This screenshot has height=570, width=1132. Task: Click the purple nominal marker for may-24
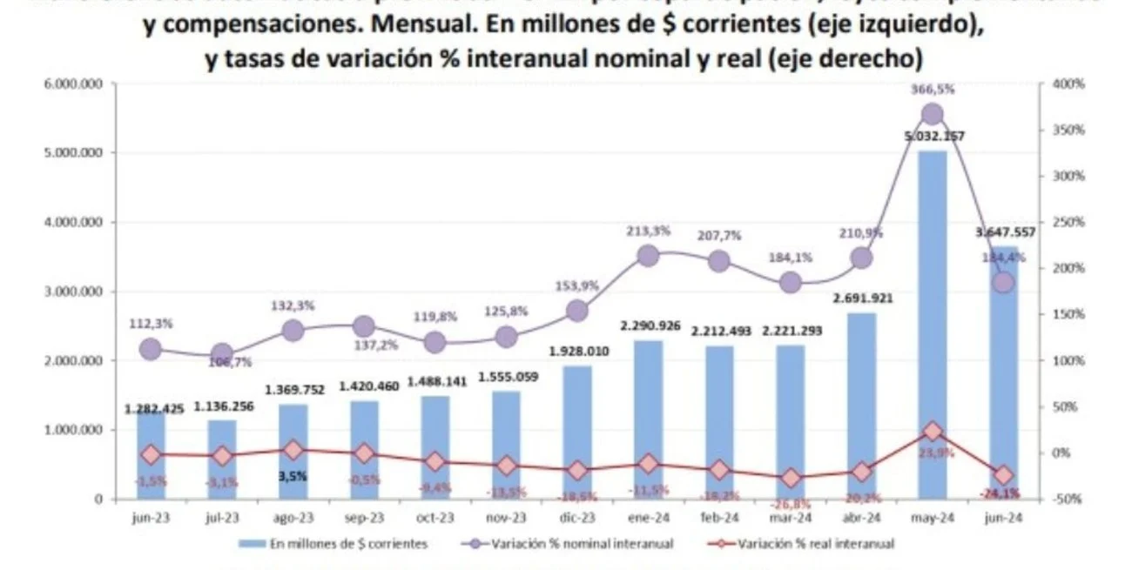(933, 114)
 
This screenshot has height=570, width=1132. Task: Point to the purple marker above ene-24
(648, 255)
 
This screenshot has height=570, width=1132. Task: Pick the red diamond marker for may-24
(933, 431)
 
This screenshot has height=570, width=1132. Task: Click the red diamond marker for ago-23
(293, 450)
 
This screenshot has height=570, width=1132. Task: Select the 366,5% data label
(932, 89)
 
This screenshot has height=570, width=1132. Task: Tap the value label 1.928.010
(576, 352)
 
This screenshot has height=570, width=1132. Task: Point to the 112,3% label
(151, 323)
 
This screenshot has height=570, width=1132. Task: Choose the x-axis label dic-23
(576, 516)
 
